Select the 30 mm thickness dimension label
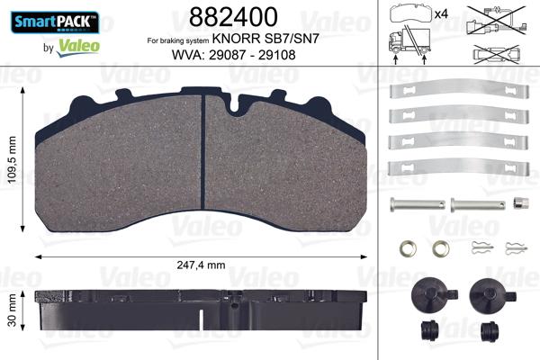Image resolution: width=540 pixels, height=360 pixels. (x=12, y=310)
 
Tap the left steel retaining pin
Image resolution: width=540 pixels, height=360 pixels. (x=418, y=203)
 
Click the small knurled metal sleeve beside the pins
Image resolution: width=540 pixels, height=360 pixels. (x=518, y=202)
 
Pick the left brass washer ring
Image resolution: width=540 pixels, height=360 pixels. (x=406, y=247)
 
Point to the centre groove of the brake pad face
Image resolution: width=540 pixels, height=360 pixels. (x=203, y=162)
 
